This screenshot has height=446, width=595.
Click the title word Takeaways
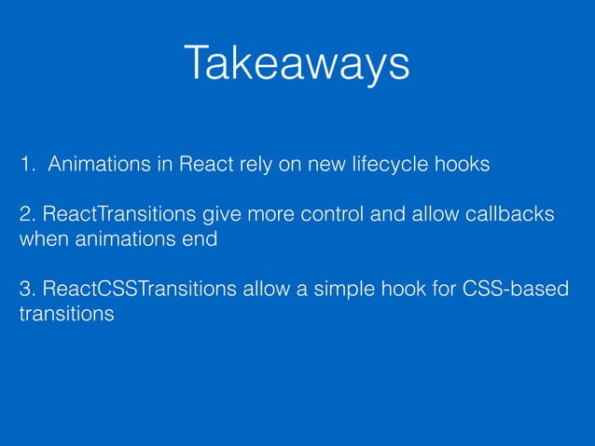pyautogui.click(x=297, y=64)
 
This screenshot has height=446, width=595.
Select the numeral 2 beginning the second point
pyautogui.click(x=25, y=216)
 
